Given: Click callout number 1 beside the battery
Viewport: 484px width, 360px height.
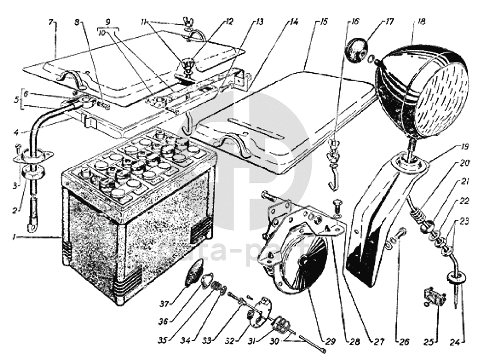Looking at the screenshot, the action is pyautogui.click(x=19, y=237).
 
